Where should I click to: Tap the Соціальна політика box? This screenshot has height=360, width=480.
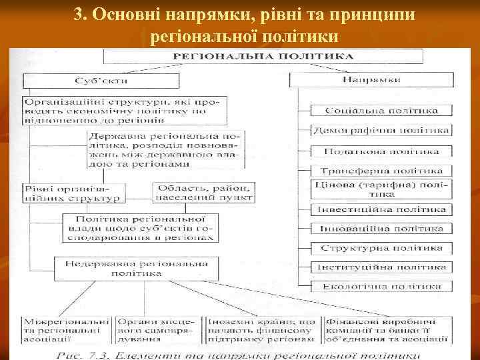[x=382, y=110]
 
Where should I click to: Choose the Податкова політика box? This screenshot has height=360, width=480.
[x=382, y=151]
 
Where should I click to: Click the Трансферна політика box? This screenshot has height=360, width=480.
[x=382, y=171]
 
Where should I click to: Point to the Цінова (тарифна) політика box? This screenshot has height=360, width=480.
[x=382, y=189]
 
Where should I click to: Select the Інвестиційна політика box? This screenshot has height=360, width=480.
[x=382, y=209]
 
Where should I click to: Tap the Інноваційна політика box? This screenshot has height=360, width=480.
[x=382, y=229]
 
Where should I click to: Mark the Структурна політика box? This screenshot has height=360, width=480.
[x=382, y=248]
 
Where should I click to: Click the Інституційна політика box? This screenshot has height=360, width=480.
[x=382, y=267]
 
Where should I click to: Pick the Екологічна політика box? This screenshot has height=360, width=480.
[x=382, y=287]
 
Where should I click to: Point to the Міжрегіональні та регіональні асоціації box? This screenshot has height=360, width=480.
[x=66, y=329]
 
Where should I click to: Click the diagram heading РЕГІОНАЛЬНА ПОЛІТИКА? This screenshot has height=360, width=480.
[x=263, y=57]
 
